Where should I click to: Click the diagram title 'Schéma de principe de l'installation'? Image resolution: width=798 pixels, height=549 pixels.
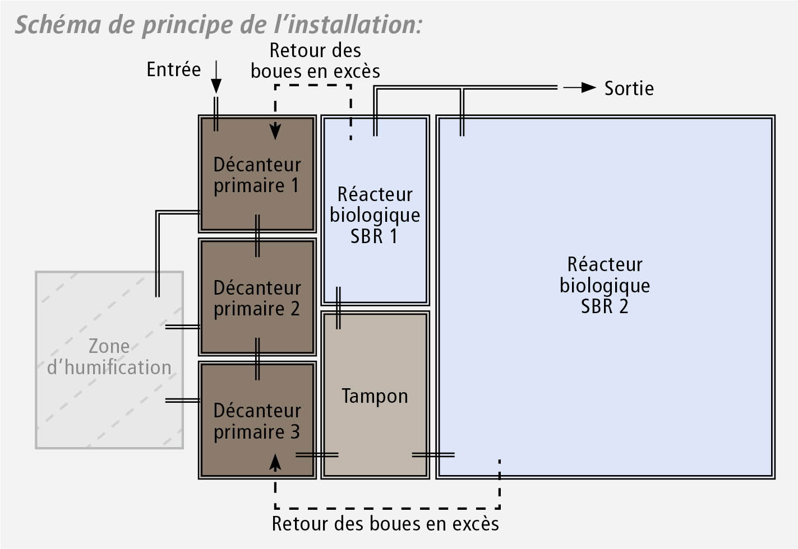tap(219, 25)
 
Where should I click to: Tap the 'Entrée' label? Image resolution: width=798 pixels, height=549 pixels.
tap(174, 69)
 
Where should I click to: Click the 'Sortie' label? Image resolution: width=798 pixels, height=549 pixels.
tap(629, 89)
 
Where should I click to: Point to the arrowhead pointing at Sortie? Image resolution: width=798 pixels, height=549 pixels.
tap(588, 87)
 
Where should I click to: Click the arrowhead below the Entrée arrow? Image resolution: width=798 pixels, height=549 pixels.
tap(216, 86)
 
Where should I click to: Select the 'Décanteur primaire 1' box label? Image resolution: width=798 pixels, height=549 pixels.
tap(257, 175)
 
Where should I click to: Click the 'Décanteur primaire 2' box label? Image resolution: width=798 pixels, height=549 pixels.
tap(257, 298)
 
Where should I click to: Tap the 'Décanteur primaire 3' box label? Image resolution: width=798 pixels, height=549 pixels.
tap(257, 421)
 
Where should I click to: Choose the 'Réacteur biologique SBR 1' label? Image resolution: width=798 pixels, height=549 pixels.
tap(375, 215)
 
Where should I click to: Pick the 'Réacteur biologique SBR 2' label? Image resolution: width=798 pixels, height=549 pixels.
tap(605, 285)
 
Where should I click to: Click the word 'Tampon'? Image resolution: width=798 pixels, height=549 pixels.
tap(375, 396)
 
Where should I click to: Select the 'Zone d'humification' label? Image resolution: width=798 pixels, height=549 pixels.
tap(109, 356)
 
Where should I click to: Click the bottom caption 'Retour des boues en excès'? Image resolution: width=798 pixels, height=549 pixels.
tap(385, 524)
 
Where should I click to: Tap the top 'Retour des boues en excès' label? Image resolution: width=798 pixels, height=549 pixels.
tap(315, 61)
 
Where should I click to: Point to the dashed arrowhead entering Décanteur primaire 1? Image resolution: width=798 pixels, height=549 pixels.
tap(275, 132)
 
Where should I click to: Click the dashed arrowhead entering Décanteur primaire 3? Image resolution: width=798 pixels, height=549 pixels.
tap(275, 463)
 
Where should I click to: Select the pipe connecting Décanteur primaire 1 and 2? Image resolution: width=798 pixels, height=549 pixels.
tap(257, 235)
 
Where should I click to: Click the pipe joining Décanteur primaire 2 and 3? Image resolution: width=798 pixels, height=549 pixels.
tap(257, 359)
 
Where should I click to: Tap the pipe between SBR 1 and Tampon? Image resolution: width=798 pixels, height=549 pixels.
tap(338, 308)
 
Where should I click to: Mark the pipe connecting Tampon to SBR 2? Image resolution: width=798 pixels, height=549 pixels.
tap(433, 455)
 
